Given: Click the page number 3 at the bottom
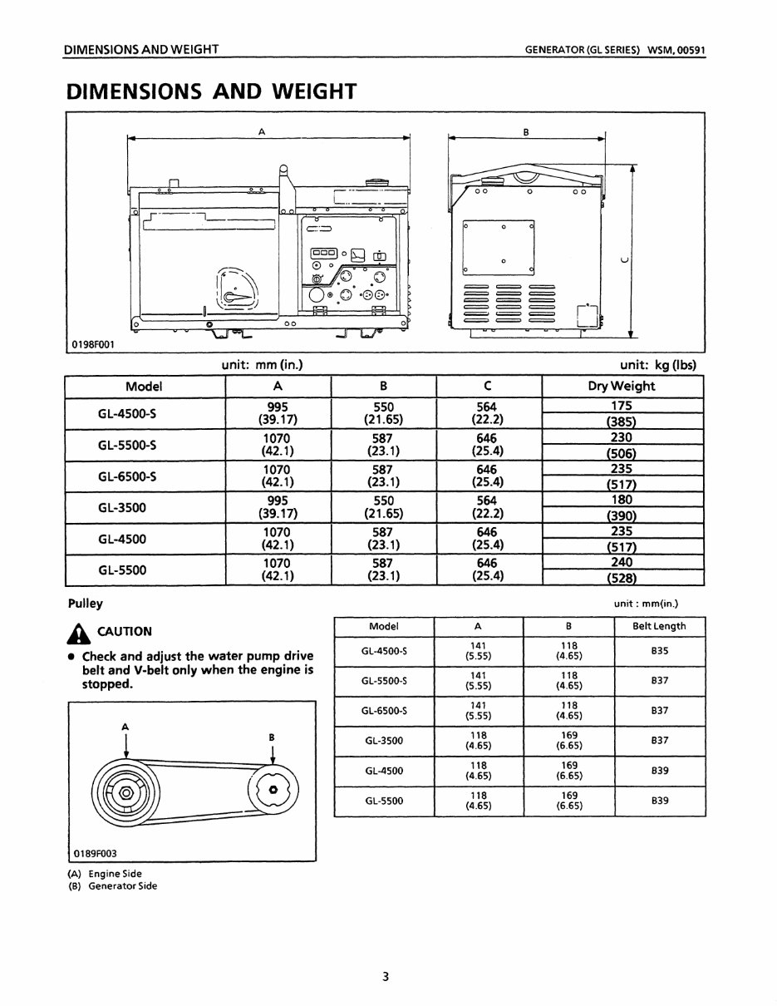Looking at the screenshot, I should [386, 977].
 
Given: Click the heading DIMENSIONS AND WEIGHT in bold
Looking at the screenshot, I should [212, 91].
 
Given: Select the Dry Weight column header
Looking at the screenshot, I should [622, 386].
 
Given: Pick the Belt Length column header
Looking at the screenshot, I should [660, 626].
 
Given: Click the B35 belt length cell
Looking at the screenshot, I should [660, 651].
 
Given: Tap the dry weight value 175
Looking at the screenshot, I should [622, 406].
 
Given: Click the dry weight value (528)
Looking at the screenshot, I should [622, 578].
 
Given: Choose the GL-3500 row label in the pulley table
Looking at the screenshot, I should [383, 741].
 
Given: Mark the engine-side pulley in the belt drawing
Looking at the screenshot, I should [125, 791].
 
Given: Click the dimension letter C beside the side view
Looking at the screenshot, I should [623, 259].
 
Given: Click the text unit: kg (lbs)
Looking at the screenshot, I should [657, 364].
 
